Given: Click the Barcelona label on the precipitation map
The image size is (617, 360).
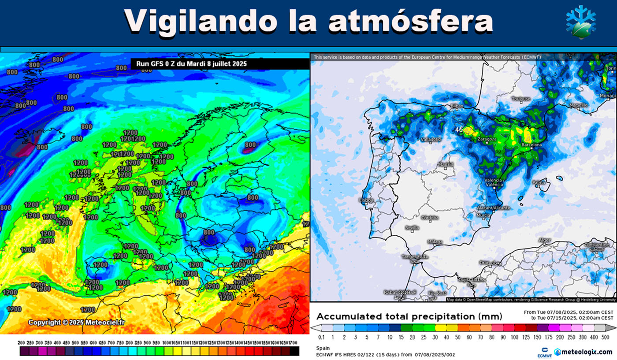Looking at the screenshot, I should point(531,144).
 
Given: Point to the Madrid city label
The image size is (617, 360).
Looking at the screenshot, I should point(445,165).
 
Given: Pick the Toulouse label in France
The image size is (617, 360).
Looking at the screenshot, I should point(521,99).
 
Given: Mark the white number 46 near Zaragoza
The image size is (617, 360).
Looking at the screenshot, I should point(459,130).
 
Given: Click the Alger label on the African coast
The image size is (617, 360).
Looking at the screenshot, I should point(545,240).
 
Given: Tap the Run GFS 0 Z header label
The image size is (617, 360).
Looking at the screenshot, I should point(189,64).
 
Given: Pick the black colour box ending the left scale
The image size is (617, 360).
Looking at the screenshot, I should point(295,351).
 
